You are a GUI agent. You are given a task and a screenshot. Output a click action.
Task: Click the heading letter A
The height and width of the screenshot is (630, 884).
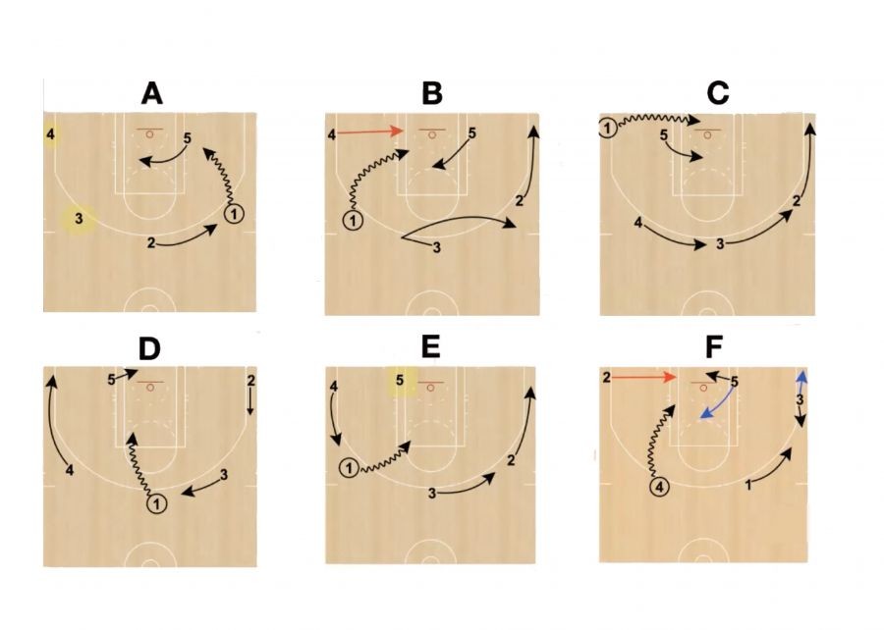tap(151, 93)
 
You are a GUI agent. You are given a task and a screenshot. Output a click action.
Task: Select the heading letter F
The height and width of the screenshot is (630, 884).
tap(714, 347)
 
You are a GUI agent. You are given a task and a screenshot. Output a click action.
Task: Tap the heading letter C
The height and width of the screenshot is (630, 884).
tap(718, 93)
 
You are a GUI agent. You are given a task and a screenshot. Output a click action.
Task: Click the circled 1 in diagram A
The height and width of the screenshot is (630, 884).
tap(234, 214)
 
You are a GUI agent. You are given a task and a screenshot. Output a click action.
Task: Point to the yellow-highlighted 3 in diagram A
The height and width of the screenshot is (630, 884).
tap(79, 219)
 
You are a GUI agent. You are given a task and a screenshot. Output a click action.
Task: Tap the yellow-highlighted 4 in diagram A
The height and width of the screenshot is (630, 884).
tap(51, 134)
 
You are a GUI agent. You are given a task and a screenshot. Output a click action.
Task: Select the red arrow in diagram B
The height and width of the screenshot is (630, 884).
tap(370, 131)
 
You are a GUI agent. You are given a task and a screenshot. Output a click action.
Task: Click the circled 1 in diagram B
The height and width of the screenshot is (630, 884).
tap(353, 220)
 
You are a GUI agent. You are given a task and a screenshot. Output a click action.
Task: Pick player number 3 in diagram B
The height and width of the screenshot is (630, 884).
tap(436, 247)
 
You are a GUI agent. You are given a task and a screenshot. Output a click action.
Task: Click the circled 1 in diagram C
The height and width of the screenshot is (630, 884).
tap(607, 129)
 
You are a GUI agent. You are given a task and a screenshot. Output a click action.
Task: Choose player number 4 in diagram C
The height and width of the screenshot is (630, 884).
tap(637, 223)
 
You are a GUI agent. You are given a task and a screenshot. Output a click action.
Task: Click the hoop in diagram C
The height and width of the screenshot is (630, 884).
tap(707, 135)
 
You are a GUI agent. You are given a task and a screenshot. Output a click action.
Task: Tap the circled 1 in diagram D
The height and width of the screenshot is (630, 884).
tap(157, 503)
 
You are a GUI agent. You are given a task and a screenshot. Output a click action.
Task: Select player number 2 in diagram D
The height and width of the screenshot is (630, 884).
tap(250, 380)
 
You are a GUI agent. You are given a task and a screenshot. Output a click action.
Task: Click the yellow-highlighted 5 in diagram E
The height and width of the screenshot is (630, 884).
tap(401, 380)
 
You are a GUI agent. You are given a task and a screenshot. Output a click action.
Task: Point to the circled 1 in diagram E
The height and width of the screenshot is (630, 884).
tap(350, 467)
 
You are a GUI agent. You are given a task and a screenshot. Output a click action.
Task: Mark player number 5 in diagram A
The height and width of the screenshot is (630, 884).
tap(188, 138)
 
